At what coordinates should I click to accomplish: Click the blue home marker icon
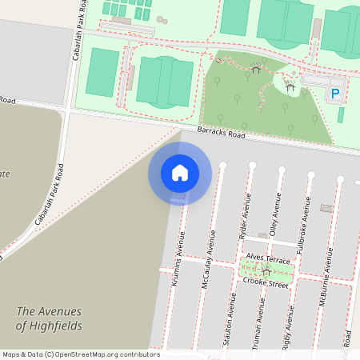click(x=180, y=173)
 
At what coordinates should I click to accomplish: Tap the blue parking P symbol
click(x=335, y=94)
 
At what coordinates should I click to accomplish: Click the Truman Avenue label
click(x=259, y=320)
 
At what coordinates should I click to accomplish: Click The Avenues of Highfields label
click(x=52, y=318)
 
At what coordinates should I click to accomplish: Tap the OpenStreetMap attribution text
click(x=80, y=354)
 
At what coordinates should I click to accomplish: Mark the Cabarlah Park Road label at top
click(x=79, y=30)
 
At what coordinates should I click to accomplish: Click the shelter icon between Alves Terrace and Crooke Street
click(x=266, y=271)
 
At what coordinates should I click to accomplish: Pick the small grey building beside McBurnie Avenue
click(x=326, y=208)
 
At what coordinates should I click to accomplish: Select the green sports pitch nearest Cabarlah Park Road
click(x=102, y=73)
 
